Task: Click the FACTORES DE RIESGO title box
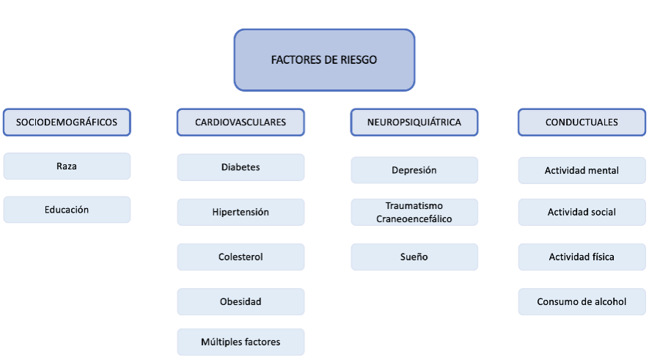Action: (324, 60)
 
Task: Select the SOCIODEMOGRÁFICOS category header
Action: (67, 122)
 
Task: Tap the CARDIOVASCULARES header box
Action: (241, 122)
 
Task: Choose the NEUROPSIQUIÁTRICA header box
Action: (414, 122)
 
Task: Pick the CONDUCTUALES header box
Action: (582, 122)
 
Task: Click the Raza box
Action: (67, 166)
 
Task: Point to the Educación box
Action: (67, 210)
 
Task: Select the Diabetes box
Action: (241, 167)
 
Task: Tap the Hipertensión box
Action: (241, 213)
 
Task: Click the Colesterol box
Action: (241, 257)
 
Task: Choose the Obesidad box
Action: (241, 301)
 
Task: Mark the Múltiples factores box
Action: (241, 342)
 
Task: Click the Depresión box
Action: (414, 170)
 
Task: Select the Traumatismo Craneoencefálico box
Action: (414, 213)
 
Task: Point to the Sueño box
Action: (414, 257)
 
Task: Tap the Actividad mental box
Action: (582, 171)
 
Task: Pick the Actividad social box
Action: (582, 213)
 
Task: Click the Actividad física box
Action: (582, 257)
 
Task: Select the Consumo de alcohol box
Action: (582, 301)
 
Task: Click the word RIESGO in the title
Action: (359, 60)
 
